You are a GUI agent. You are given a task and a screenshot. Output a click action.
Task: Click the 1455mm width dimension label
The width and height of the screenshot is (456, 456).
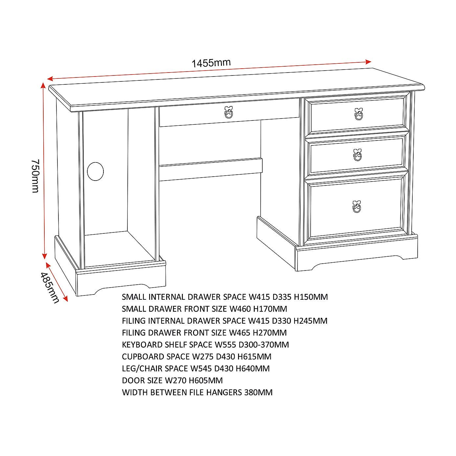[211, 63]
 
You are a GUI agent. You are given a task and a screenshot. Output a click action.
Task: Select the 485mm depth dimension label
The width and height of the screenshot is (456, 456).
[50, 288]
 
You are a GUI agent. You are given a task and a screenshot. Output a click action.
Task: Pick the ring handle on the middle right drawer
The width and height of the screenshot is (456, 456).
[357, 155]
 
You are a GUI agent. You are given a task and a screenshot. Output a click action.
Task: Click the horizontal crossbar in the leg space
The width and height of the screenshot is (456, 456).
[210, 170]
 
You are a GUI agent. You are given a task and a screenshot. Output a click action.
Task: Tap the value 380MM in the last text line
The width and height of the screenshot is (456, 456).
[258, 392]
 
